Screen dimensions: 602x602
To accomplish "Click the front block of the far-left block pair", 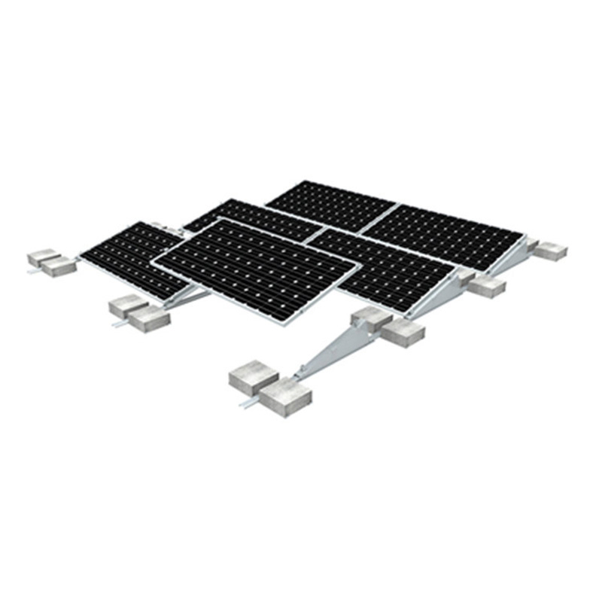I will pyautogui.click(x=58, y=266).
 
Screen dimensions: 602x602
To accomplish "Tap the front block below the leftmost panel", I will pyautogui.click(x=148, y=318).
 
